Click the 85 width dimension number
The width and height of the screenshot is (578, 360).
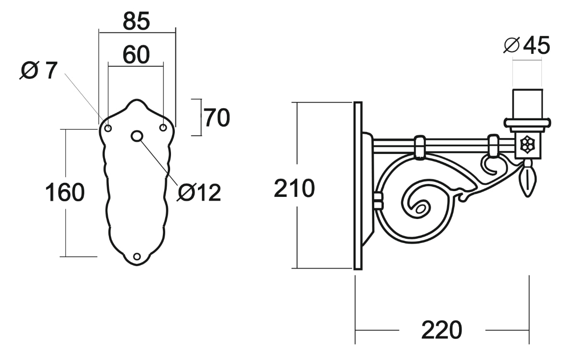tap(136, 21)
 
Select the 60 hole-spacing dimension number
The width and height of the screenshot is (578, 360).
tap(136, 55)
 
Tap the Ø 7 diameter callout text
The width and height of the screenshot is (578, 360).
tap(39, 71)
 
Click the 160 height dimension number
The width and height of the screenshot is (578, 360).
tap(65, 193)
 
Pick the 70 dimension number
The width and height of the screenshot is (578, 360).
tap(217, 118)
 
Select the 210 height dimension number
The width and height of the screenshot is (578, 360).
tap(294, 188)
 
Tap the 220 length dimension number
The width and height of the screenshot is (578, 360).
tap(442, 330)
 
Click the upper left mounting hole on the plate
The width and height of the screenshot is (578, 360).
tap(108, 128)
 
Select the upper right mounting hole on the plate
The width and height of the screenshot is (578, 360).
tap(163, 128)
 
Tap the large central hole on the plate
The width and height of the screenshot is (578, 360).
tap(137, 136)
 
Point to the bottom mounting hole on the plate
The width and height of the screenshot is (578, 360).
tap(137, 257)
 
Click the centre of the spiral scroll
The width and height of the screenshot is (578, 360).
tap(420, 208)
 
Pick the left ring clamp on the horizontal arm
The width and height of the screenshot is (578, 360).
tap(420, 146)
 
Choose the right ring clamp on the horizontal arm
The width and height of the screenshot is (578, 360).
tap(494, 145)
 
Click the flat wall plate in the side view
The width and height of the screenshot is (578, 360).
tap(358, 186)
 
